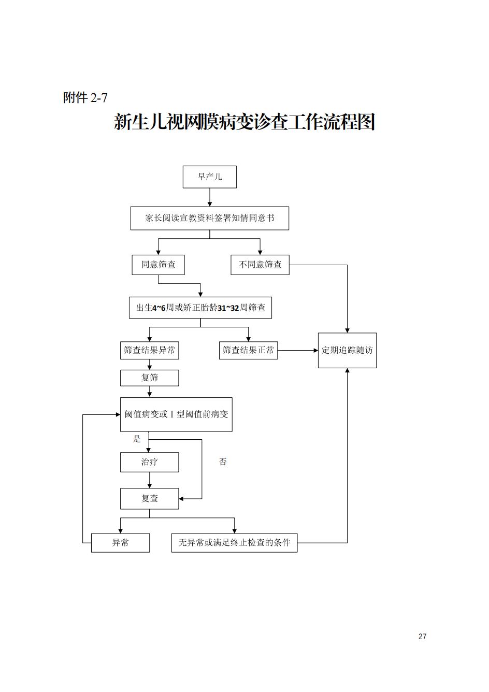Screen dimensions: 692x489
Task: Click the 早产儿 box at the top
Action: [209, 177]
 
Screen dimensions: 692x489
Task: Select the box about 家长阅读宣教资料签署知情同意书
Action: [209, 218]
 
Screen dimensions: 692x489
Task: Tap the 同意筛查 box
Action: [158, 265]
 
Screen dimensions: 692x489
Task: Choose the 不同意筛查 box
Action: [260, 265]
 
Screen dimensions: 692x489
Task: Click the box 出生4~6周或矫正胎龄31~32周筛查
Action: [200, 308]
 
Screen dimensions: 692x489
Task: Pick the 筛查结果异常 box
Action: [149, 350]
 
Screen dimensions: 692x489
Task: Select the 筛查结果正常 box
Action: [248, 350]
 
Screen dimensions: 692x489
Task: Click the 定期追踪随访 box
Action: [347, 350]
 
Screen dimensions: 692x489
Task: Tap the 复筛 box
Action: [149, 378]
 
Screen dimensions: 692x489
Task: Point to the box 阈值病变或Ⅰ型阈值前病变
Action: [176, 414]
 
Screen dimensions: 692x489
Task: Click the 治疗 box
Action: [149, 462]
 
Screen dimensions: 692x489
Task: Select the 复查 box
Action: [149, 498]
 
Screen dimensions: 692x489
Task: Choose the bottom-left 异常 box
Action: [120, 543]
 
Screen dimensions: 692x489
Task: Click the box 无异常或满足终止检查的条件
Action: [234, 543]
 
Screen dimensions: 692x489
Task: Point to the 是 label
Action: [137, 439]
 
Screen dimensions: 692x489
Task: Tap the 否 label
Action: [223, 462]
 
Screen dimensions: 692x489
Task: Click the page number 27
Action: [422, 637]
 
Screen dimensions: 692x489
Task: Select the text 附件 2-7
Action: [85, 97]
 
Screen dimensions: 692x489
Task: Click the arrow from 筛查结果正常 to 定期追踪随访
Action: [298, 351]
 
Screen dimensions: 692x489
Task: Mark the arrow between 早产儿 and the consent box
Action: [210, 197]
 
